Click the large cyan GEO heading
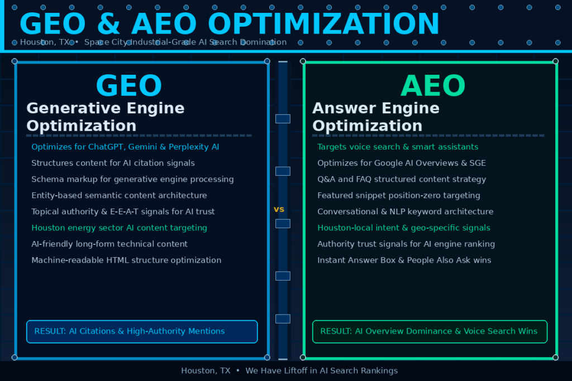coord(128,86)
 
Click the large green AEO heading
coord(433,86)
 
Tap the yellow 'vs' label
coord(279,210)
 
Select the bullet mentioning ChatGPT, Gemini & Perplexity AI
coord(125,147)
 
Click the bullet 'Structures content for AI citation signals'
coord(113,163)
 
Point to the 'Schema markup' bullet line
coord(132,180)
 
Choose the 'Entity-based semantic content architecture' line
coord(119,196)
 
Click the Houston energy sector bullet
coord(119,228)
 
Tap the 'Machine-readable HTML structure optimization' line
coord(126,261)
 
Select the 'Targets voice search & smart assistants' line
coord(398,147)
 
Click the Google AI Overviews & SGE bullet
coord(402,163)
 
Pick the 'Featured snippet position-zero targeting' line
coord(399,196)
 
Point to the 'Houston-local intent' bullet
coord(404,228)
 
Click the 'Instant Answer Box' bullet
coord(404,261)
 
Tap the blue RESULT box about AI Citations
coord(142,331)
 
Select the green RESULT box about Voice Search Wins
coord(430,331)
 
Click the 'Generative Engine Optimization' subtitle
coord(106,117)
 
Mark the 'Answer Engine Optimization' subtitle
coord(376,117)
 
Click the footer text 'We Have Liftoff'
coord(322,371)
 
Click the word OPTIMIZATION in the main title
coord(324,25)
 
